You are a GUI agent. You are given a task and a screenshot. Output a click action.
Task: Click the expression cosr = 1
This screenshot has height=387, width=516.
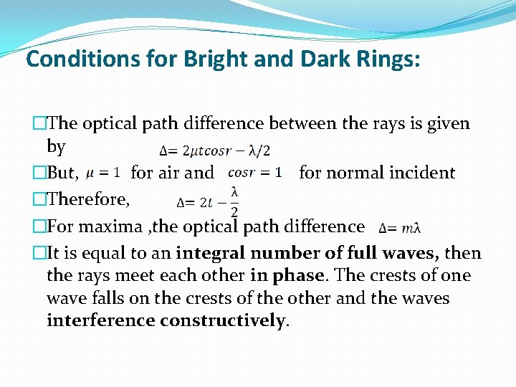pos(254,173)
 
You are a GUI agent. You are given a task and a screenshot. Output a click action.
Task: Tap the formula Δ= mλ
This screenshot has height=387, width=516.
pos(399,229)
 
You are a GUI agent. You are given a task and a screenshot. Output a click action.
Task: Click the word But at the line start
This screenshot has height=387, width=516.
pos(64,173)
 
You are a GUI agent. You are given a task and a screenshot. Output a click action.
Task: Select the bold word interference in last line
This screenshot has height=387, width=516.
pos(100,320)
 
